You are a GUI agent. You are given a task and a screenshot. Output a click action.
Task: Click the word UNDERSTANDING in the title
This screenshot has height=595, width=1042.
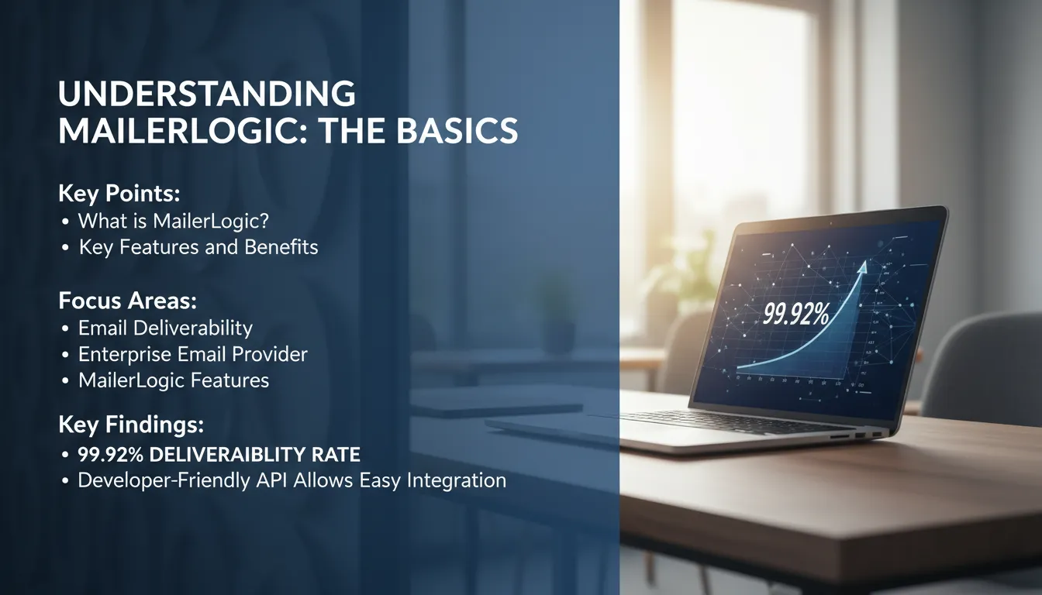(x=206, y=94)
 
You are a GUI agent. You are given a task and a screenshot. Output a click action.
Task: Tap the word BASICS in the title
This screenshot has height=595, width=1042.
(x=457, y=131)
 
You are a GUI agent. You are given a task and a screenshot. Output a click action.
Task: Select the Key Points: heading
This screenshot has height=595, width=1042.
(x=119, y=194)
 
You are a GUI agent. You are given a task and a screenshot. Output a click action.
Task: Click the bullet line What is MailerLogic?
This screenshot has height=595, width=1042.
(x=173, y=221)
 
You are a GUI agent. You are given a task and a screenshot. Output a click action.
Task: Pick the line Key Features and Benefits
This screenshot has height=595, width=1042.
(x=198, y=247)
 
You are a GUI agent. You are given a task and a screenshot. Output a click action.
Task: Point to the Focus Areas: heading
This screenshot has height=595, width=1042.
(x=127, y=301)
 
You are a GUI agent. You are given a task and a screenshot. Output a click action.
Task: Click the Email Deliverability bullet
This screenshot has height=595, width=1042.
(x=165, y=328)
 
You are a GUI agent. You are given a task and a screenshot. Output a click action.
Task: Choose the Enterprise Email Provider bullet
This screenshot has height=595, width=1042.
(x=192, y=354)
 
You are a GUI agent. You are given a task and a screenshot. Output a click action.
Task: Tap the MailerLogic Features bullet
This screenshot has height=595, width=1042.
(x=174, y=380)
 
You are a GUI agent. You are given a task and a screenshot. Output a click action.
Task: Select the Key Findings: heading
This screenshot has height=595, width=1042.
(x=131, y=425)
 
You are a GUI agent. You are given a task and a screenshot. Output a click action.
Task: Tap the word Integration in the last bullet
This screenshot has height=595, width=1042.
(x=457, y=480)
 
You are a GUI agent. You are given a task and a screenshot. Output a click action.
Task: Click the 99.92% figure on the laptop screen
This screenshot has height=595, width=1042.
(x=796, y=315)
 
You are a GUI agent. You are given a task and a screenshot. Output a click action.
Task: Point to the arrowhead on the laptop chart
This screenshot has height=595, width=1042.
(x=862, y=267)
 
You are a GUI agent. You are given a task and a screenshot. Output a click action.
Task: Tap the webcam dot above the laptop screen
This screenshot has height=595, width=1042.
(x=831, y=223)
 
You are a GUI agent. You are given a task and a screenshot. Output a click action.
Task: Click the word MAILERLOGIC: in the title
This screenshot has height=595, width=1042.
(x=182, y=131)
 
